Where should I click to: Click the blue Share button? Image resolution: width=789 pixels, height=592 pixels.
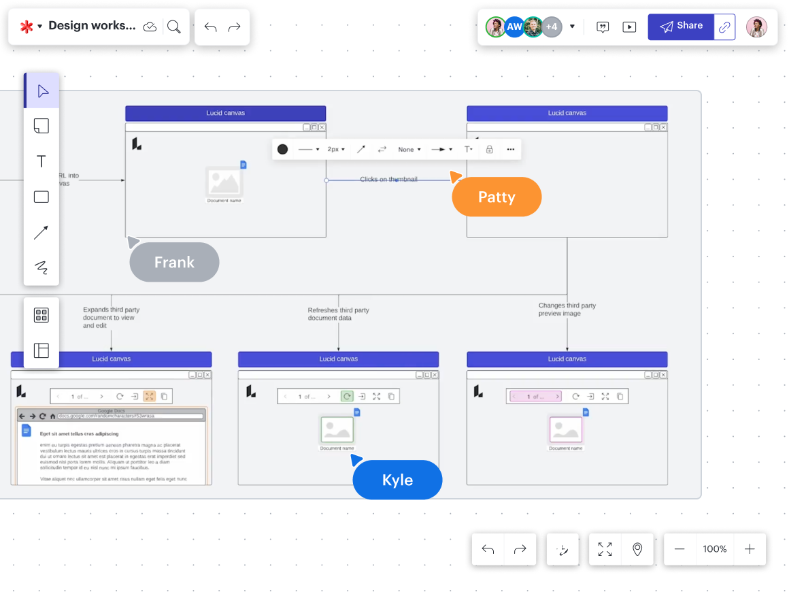[x=681, y=27]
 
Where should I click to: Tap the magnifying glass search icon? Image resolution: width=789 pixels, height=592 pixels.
[x=174, y=27]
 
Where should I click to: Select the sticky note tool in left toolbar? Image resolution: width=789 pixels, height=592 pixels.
[x=41, y=126]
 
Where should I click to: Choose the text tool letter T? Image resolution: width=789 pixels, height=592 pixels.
[x=41, y=161]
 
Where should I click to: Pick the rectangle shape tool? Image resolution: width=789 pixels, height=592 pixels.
[x=41, y=197]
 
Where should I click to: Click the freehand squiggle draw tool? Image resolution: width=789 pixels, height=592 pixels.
[x=41, y=267]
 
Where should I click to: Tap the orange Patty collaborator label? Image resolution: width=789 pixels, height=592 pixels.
[x=497, y=197]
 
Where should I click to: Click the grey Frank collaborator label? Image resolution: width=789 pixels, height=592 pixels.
[x=174, y=263]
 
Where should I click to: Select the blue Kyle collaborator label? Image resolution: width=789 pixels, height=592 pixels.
[x=397, y=480]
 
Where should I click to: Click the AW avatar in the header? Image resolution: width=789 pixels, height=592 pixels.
[x=514, y=27]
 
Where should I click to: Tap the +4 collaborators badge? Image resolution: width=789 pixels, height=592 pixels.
[x=552, y=27]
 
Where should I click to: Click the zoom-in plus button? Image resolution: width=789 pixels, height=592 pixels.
[x=750, y=549]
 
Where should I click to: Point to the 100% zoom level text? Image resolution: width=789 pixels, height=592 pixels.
[x=715, y=549]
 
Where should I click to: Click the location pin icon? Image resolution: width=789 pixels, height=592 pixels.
[x=637, y=549]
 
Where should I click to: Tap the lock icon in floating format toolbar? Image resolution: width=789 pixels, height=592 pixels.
[x=489, y=149]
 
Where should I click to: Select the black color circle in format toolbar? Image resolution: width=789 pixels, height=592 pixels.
[x=283, y=149]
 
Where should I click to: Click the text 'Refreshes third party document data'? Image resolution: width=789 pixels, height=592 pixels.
[x=338, y=314]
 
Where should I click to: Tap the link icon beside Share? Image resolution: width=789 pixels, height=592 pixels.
[x=725, y=27]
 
